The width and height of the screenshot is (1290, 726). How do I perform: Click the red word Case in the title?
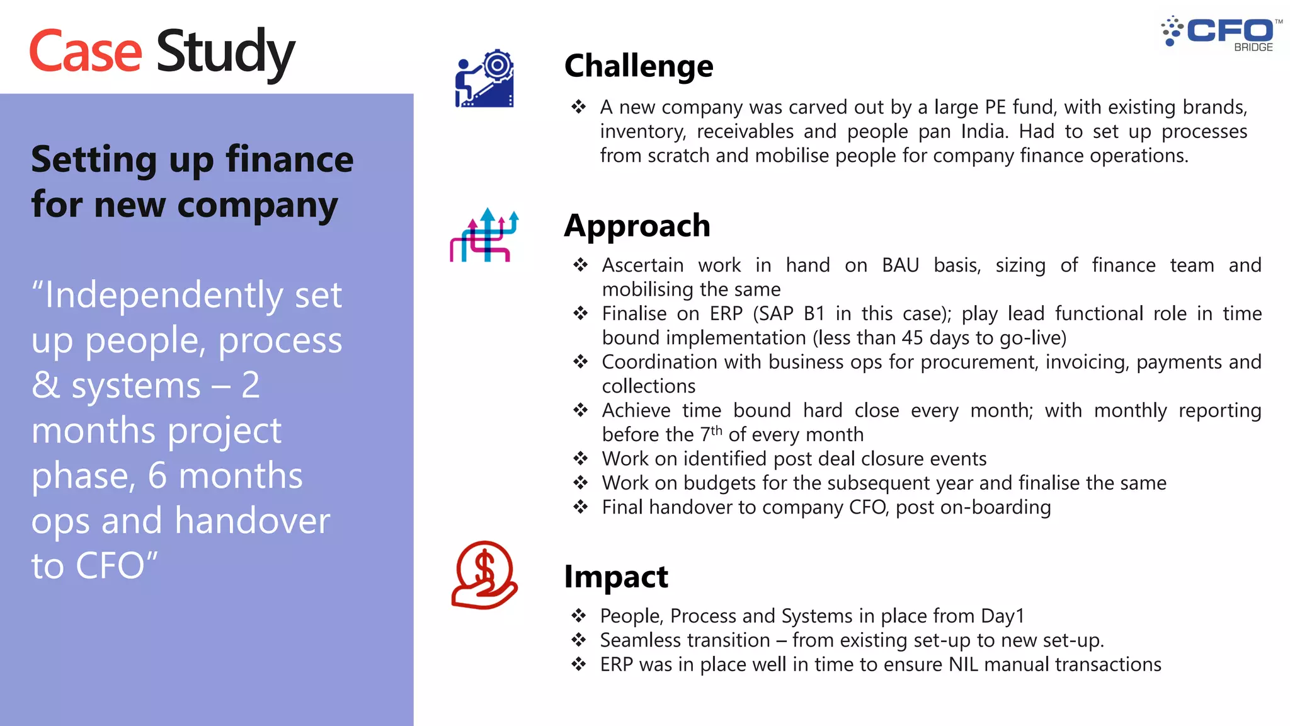click(x=85, y=52)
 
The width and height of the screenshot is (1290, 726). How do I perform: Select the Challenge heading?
click(x=638, y=66)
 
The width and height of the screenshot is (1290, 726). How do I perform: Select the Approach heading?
click(x=637, y=226)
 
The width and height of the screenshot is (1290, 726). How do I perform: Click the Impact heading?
click(x=615, y=577)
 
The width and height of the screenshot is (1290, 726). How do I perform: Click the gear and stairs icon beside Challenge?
click(x=484, y=78)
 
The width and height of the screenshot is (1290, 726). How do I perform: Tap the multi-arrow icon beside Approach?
click(x=484, y=235)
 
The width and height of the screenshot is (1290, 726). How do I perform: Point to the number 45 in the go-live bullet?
click(x=912, y=338)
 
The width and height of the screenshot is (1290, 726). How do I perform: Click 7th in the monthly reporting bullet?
click(x=711, y=434)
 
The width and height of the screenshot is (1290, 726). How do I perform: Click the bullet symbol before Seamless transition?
click(x=578, y=640)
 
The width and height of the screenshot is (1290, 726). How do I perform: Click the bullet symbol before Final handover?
click(x=580, y=507)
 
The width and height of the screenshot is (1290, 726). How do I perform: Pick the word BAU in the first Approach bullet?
click(x=900, y=265)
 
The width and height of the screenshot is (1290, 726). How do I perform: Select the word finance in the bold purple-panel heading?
click(x=289, y=159)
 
